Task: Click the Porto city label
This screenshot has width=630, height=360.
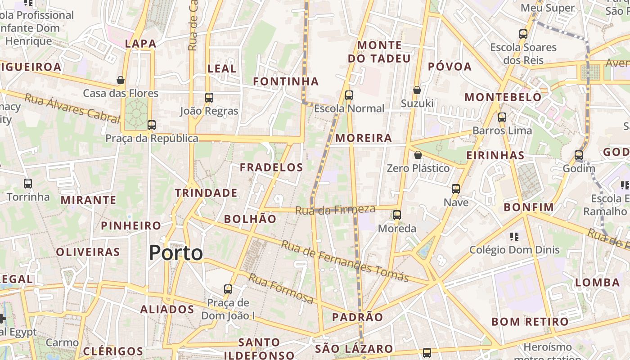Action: click(176, 253)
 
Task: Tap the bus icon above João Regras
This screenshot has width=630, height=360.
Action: click(209, 97)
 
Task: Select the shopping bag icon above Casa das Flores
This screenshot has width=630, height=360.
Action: click(121, 80)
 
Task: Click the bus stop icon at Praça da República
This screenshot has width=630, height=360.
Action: click(152, 125)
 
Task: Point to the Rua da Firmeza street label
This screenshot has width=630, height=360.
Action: click(335, 210)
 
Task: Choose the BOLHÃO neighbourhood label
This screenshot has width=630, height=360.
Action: click(250, 219)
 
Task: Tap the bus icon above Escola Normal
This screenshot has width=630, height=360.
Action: click(349, 95)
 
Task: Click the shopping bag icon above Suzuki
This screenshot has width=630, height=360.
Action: click(417, 90)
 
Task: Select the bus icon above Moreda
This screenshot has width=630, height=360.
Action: click(396, 215)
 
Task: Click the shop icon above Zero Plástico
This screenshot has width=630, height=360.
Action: click(418, 155)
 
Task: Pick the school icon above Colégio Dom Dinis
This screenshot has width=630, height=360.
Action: click(514, 236)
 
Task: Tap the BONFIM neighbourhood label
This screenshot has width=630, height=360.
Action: click(529, 207)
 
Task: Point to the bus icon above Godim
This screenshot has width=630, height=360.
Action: click(579, 155)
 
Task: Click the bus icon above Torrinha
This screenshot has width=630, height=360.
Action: click(28, 183)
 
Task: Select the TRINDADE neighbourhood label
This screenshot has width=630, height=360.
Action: click(206, 193)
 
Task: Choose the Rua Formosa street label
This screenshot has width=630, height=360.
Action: click(281, 288)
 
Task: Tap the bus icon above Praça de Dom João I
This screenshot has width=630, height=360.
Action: click(228, 289)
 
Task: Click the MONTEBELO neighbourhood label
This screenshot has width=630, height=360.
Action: click(503, 97)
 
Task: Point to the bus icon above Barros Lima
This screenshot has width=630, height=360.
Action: click(502, 117)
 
